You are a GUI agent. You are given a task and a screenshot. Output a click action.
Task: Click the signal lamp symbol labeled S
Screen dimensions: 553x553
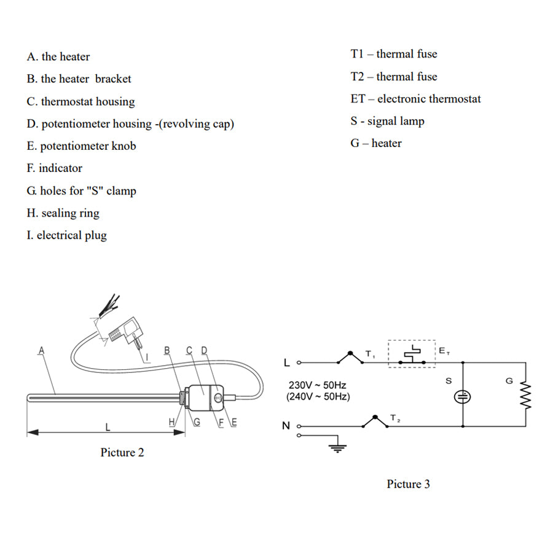tap(462, 396)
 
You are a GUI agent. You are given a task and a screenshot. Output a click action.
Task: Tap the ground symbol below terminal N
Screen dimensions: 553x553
tap(336, 447)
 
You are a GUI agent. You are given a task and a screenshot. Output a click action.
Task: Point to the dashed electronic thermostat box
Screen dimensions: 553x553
tap(412, 354)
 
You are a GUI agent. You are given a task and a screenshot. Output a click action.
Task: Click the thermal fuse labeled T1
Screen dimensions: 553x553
tap(351, 357)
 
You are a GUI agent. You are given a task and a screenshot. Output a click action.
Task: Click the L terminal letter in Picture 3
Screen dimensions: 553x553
tap(286, 363)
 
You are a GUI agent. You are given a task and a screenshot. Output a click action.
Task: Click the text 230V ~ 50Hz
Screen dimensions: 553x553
tap(317, 385)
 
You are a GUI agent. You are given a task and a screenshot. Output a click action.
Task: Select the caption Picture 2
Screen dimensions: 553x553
tap(122, 453)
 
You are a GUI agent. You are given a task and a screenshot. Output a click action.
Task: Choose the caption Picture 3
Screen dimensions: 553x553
tap(408, 484)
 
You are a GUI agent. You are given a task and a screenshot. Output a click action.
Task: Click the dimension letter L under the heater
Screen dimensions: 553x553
tap(108, 426)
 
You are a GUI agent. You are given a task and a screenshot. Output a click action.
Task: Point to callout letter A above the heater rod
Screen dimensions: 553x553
tap(41, 351)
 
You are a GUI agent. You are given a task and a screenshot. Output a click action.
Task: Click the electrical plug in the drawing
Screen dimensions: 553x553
tap(130, 332)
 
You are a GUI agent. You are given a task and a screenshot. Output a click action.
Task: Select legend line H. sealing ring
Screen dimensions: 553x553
tap(63, 213)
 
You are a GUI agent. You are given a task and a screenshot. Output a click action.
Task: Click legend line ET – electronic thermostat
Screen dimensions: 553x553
tap(415, 99)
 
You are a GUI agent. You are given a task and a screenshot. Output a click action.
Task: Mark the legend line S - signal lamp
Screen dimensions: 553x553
tap(388, 121)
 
